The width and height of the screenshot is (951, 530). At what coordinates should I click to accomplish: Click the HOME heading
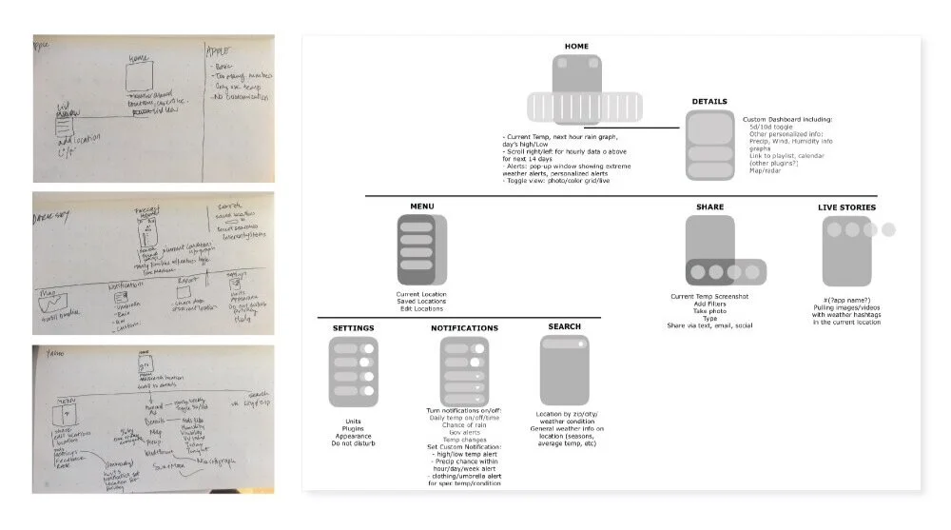576,46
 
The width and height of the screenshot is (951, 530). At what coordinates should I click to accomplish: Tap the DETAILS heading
709,101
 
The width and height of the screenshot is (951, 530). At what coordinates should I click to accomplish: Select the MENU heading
421,206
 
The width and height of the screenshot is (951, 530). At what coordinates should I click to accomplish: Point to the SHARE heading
709,206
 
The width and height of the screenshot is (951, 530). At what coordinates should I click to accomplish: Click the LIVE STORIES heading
846,206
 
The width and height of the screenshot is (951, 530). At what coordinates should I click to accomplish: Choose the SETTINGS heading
353,328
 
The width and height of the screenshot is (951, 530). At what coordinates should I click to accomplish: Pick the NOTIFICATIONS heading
463,328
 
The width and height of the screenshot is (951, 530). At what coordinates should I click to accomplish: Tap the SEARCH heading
564,326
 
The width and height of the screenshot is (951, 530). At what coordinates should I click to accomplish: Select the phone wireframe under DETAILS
709,146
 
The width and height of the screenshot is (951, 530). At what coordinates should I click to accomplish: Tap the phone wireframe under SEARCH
564,370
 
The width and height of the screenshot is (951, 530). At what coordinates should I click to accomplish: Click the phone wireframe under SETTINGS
353,373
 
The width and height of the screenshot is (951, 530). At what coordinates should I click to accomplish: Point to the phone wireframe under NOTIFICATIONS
463,373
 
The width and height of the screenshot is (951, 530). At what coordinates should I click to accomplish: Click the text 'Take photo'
709,311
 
